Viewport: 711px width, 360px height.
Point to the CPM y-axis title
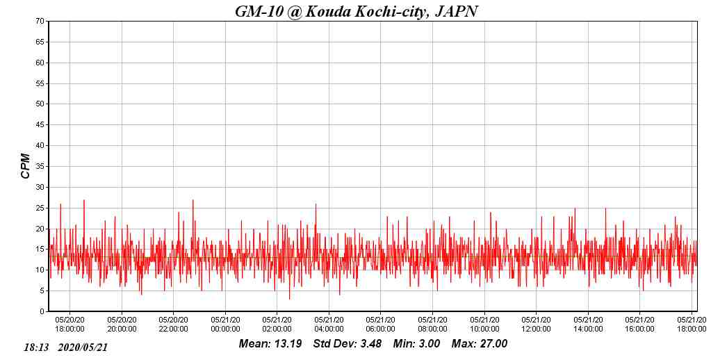[x=26, y=166]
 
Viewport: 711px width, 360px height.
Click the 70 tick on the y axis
[x=40, y=22]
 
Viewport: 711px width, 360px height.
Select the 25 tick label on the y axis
[x=40, y=208]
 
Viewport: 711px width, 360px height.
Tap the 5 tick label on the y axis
[x=42, y=291]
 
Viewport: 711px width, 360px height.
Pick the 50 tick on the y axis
[x=40, y=104]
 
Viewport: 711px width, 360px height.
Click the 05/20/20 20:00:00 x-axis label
[x=122, y=325]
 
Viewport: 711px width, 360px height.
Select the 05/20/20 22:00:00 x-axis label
[x=173, y=325]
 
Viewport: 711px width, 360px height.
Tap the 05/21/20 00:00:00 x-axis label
[x=225, y=325]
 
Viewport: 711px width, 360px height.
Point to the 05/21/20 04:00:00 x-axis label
[x=329, y=325]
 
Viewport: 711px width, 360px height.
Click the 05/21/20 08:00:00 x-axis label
[x=432, y=325]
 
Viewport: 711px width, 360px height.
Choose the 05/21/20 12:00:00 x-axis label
[x=536, y=325]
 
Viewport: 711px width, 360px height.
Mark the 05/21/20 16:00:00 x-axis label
[x=639, y=325]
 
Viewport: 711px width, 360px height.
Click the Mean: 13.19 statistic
[x=270, y=344]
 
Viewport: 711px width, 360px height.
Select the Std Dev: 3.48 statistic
[x=347, y=344]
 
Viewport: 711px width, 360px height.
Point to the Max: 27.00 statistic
[x=480, y=344]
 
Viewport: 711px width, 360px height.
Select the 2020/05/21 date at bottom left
[x=83, y=347]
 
